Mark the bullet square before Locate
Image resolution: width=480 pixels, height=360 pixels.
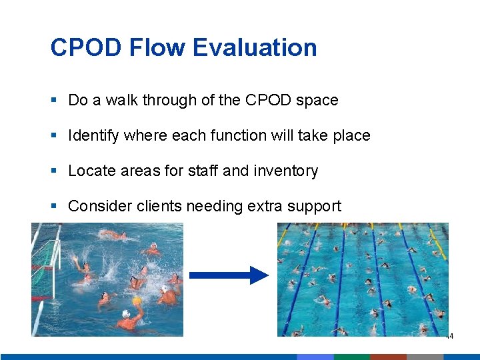[54, 171]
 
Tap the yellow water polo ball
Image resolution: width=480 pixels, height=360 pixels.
[137, 301]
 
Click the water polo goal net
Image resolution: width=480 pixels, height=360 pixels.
[45, 263]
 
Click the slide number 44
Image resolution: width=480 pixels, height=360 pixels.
[449, 337]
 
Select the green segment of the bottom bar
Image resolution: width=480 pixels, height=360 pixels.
[351, 357]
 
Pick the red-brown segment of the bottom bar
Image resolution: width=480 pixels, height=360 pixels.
[388, 357]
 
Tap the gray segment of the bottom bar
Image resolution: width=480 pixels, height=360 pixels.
[425, 357]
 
